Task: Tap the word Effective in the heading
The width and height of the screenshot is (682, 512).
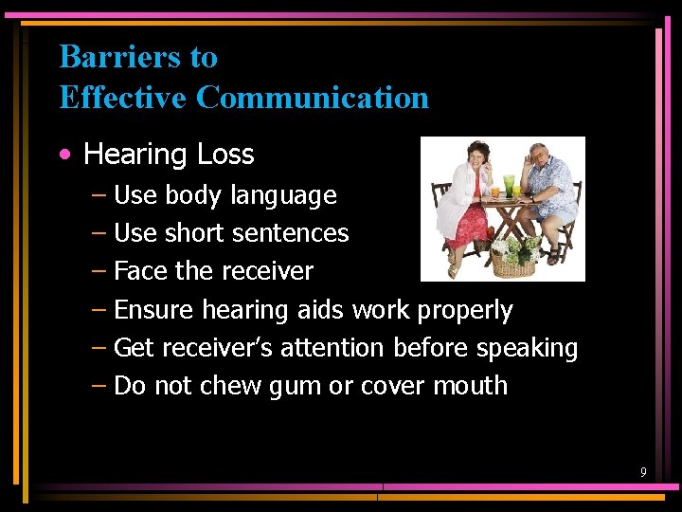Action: pyautogui.click(x=124, y=97)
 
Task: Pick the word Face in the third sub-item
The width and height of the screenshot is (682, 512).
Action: pyautogui.click(x=140, y=271)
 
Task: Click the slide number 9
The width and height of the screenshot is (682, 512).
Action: pyautogui.click(x=643, y=472)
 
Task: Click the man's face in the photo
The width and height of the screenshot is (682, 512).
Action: pyautogui.click(x=537, y=157)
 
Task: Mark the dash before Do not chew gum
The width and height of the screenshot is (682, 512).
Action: pyautogui.click(x=99, y=386)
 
